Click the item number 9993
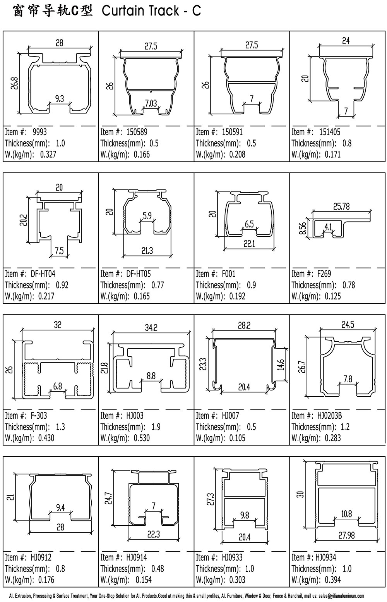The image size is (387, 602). pos(39,132)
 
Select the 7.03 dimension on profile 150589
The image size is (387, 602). pos(151,103)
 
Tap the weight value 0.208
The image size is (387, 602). pos(237,154)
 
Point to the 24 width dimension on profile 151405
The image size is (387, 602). pos(346,41)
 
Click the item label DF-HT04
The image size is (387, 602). pos(43,273)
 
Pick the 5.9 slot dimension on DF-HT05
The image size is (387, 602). pos(147,215)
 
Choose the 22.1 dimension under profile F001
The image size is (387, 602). pos(249,244)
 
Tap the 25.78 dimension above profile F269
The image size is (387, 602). pos(342,206)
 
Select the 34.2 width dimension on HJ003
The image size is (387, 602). pos(151,328)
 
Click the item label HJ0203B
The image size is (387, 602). pos(329,416)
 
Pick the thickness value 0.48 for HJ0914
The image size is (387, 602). pos(158,569)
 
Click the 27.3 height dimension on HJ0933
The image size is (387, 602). pos(210,499)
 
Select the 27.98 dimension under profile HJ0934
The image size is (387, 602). pos(346,536)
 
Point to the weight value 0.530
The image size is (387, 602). pos(142,438)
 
